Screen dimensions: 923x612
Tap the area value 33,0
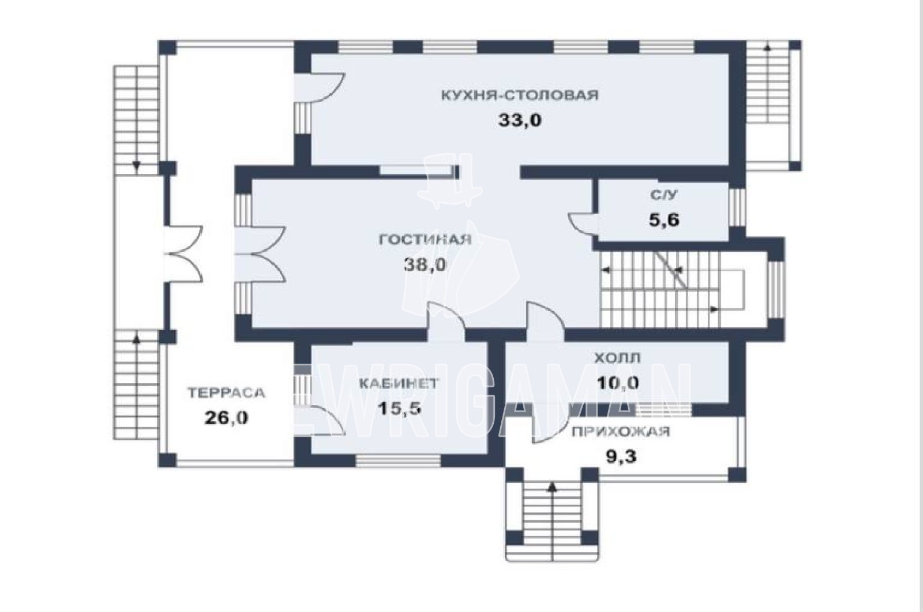[x=520, y=121]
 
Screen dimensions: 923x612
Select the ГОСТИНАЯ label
[x=425, y=240]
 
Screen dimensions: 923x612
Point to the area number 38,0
[x=425, y=265]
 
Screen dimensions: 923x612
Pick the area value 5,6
[x=664, y=220]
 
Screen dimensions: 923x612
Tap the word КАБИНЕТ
[x=398, y=383]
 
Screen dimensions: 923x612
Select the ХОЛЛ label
[x=617, y=358]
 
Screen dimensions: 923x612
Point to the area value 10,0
[x=618, y=383]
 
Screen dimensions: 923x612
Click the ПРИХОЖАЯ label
[x=621, y=432]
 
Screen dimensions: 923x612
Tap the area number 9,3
[x=621, y=457]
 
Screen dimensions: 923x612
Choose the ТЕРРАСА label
[x=226, y=393]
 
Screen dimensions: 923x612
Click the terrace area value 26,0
[x=226, y=418]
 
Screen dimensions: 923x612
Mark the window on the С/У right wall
[x=737, y=207]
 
